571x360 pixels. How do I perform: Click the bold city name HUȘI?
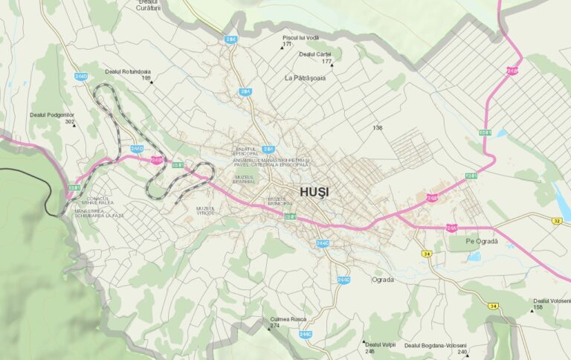314,192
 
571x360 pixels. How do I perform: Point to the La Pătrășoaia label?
305,77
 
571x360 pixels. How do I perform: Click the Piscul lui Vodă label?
300,37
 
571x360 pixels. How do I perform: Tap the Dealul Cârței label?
314,54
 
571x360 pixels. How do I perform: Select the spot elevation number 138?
378,128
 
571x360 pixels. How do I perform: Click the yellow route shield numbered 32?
557,221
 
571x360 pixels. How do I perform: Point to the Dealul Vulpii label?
380,344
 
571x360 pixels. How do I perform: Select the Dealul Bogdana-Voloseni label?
435,345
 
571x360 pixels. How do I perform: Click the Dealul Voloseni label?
551,300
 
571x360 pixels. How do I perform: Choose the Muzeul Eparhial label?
245,179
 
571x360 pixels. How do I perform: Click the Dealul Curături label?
149,5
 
